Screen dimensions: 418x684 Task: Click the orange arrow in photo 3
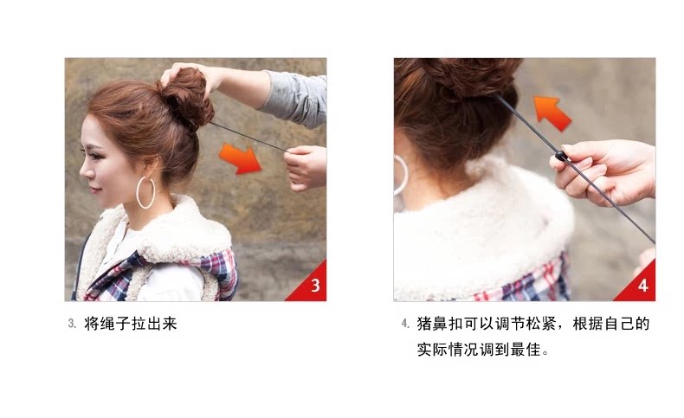[241, 158]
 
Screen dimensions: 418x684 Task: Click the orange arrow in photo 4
[552, 112]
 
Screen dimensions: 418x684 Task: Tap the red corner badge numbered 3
[313, 285]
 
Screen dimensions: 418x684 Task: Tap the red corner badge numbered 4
[642, 285]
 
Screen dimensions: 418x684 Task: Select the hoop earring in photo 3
[145, 192]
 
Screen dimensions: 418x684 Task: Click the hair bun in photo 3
[187, 97]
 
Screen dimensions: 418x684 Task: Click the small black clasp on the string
[561, 157]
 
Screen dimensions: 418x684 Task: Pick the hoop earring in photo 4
[401, 174]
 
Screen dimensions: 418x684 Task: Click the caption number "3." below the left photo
[72, 325]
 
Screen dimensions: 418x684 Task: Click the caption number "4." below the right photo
[404, 325]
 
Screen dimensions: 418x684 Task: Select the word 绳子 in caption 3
[115, 325]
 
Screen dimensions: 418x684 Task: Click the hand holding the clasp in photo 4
[606, 169]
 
